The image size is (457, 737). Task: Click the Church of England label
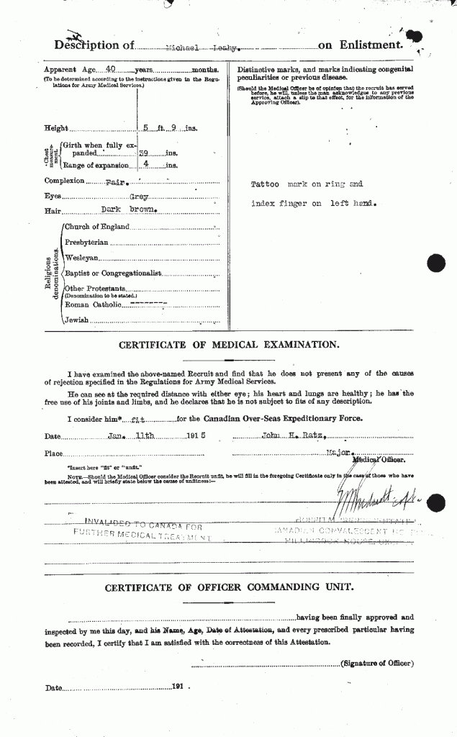[96, 227]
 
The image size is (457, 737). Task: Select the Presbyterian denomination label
[86, 243]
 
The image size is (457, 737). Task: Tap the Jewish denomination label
[76, 320]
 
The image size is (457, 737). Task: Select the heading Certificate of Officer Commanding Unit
[229, 587]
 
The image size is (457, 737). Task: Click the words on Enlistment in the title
[359, 45]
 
